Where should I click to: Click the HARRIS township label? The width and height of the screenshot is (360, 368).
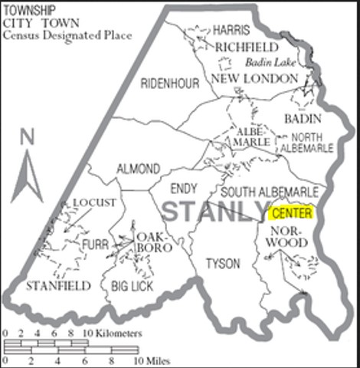(x=233, y=31)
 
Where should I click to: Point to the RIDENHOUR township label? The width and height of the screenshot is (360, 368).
(x=169, y=83)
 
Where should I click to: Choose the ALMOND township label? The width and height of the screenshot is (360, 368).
(x=138, y=169)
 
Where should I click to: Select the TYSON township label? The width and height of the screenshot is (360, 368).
(x=223, y=264)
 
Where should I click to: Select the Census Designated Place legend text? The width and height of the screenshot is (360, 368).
(x=67, y=34)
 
